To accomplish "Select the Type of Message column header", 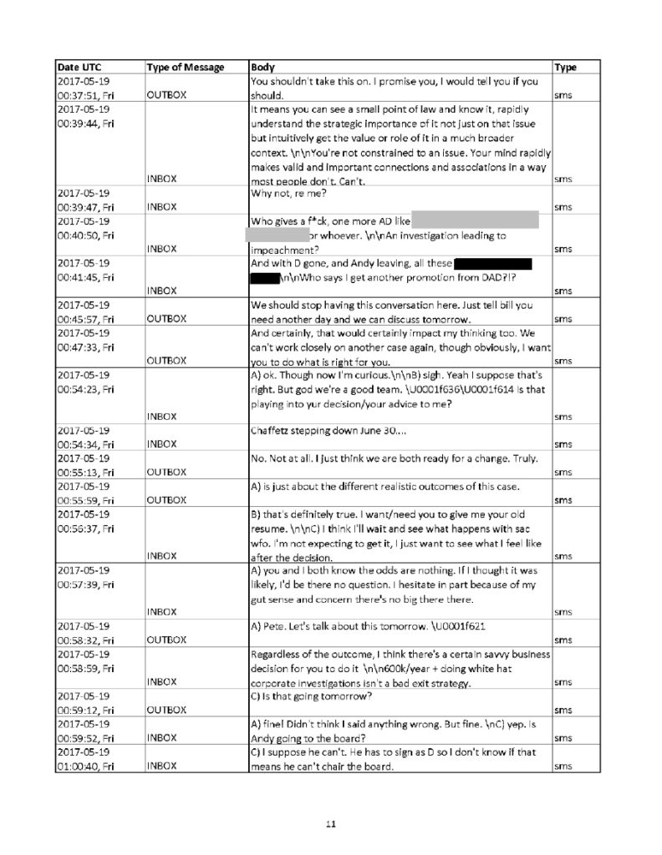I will [x=184, y=67].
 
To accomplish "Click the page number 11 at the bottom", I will [x=331, y=824].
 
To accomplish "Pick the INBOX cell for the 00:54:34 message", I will [x=162, y=443].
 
